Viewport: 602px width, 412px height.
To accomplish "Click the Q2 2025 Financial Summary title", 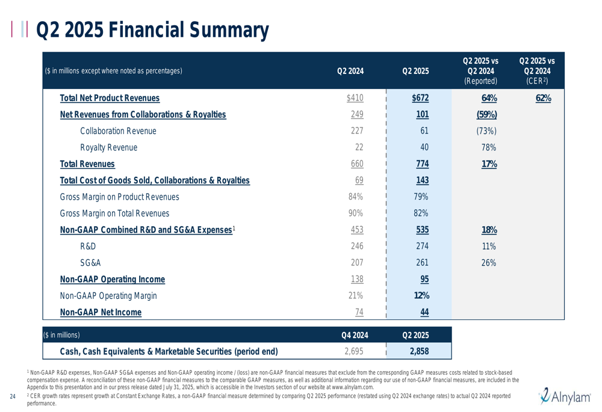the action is [152, 30].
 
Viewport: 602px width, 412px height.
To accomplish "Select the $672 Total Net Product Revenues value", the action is [420, 98].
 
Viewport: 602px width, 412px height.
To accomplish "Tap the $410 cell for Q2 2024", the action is [355, 98].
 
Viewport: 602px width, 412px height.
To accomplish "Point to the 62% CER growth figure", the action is [543, 98].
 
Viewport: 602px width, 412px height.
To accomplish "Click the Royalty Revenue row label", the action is [108, 147].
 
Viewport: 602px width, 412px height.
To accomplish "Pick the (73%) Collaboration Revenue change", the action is [486, 131].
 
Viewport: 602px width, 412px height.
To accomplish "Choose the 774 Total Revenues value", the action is [423, 164].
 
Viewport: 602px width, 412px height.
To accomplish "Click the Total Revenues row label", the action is [87, 164].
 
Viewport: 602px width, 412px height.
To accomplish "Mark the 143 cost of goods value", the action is [423, 180].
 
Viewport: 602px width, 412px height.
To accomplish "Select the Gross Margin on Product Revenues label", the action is [119, 197].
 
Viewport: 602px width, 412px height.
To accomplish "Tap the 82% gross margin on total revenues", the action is [421, 214].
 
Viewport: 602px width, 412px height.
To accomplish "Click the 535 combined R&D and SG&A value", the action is [423, 230].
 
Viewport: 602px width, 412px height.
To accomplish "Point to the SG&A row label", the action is [90, 263].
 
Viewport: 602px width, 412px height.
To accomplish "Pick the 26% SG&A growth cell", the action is [489, 263].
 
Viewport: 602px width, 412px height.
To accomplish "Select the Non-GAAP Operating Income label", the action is [113, 279].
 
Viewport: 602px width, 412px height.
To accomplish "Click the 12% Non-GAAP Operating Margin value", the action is [421, 295].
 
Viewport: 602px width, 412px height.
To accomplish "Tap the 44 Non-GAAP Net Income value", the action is [424, 312].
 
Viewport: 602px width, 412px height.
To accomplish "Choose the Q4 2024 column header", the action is [355, 335].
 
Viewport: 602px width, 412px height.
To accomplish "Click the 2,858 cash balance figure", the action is [419, 351].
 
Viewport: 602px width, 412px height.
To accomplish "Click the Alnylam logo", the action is [565, 396].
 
